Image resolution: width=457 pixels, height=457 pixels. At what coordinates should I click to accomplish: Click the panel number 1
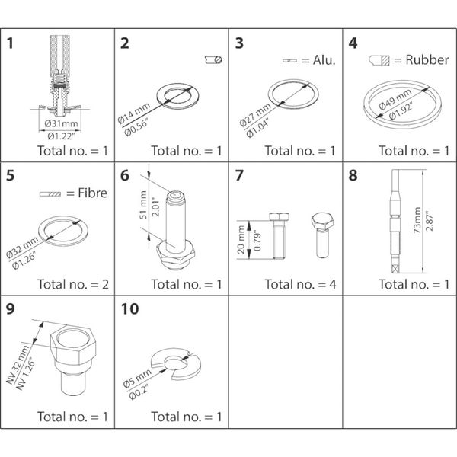(x=11, y=43)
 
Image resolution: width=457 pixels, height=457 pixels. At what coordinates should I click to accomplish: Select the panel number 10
(x=129, y=312)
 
